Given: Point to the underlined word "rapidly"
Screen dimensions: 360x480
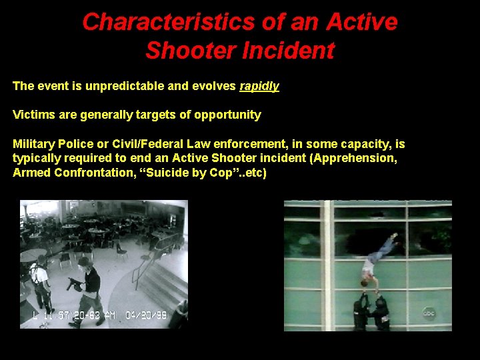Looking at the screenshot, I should coord(259,86).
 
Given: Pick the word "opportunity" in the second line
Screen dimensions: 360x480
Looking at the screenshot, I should coord(227,115).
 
